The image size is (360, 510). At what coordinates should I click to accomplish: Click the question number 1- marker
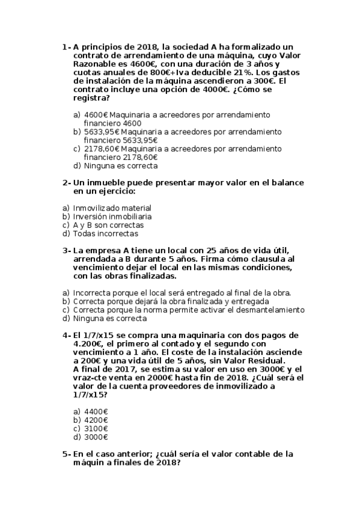pos(67,47)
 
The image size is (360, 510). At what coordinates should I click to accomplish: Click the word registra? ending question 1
pos(91,97)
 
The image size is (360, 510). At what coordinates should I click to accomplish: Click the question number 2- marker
pos(67,183)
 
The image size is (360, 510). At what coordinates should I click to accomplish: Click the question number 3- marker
pos(67,250)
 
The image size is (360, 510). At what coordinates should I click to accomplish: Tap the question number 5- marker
pos(67,454)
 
